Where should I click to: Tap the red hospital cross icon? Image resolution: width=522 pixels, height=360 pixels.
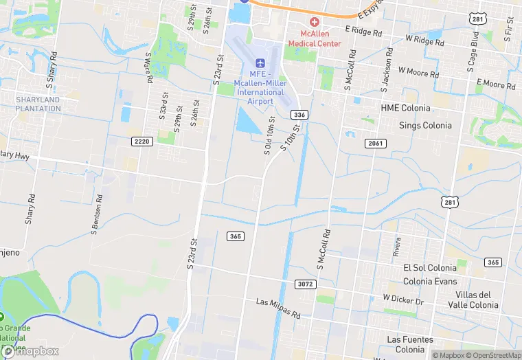[x=315, y=23]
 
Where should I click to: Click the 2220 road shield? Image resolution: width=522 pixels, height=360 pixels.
[x=141, y=141]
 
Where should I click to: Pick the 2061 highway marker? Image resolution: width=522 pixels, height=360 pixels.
[x=375, y=143]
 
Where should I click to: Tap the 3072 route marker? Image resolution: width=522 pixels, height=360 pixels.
[x=306, y=284]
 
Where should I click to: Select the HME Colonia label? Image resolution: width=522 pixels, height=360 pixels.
[x=405, y=108]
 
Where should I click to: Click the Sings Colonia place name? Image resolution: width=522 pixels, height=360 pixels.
[x=425, y=125]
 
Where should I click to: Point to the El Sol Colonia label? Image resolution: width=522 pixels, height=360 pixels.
[x=429, y=267]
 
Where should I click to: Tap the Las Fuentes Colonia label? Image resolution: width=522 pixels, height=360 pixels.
[x=410, y=344]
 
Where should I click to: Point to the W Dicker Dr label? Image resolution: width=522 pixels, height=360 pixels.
[x=403, y=300]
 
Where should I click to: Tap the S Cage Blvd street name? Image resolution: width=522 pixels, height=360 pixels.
[x=473, y=49]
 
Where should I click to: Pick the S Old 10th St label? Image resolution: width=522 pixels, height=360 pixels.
[x=269, y=135]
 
